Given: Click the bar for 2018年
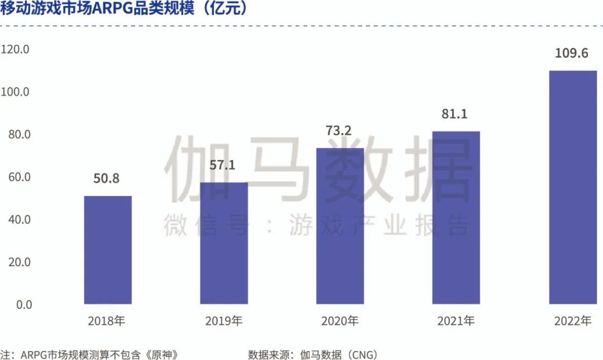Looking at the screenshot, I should tap(108, 250).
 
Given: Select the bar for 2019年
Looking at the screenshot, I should tap(224, 243).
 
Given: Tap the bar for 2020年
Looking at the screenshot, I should tap(340, 226).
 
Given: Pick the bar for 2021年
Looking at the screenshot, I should tap(456, 218).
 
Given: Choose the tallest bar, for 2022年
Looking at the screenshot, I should tap(573, 187).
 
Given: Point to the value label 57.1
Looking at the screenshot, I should tap(224, 166).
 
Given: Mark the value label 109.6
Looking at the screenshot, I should tap(572, 54).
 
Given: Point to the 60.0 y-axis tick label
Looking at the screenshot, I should tap(17, 177).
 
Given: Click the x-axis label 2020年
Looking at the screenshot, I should tap(339, 321).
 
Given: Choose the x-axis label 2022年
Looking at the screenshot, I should tap(572, 321).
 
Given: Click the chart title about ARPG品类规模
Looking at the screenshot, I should tap(124, 10).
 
